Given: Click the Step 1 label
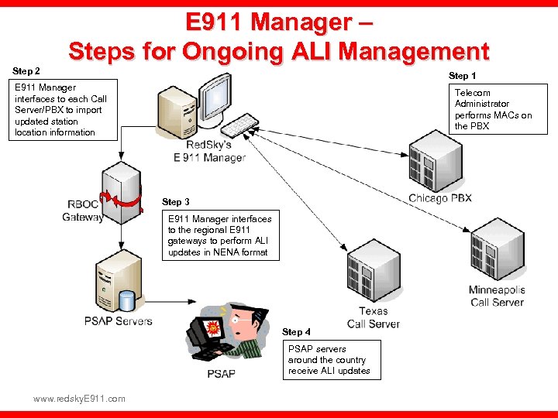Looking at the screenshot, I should click(x=463, y=76).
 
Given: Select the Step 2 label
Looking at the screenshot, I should click(x=26, y=70).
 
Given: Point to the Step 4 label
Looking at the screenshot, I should click(x=297, y=332).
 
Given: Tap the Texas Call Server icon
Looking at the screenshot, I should click(x=374, y=270).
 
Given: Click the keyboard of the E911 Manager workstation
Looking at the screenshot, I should click(x=233, y=125).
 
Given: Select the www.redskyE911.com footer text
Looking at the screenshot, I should click(x=79, y=399).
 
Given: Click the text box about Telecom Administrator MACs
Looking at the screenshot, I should click(x=493, y=109).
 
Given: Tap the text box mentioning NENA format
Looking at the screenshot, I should click(x=219, y=235).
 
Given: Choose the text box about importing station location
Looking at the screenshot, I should click(x=60, y=110).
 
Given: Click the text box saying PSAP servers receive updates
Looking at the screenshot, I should click(x=329, y=360).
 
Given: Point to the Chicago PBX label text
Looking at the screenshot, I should click(x=439, y=198).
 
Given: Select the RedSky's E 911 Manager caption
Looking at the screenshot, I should click(x=208, y=151).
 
